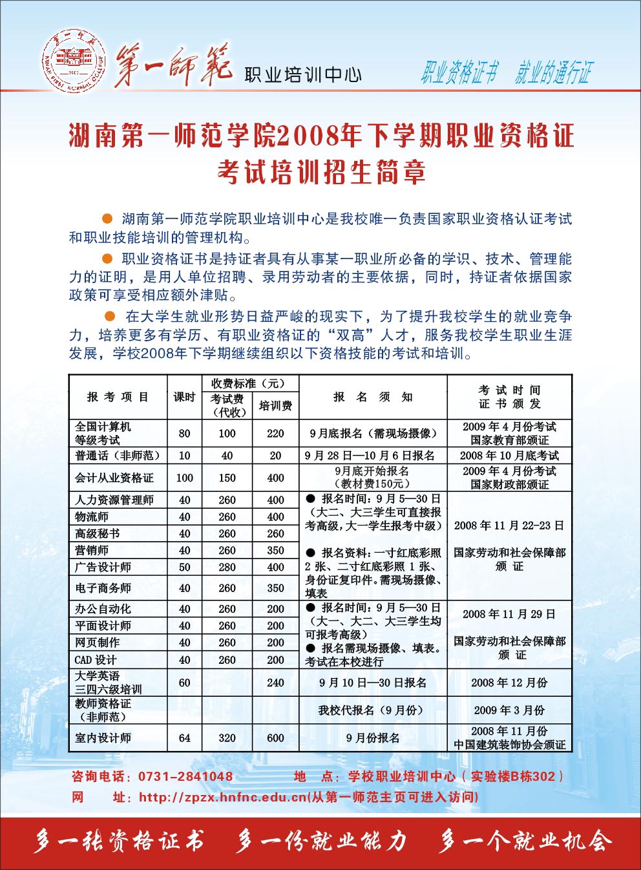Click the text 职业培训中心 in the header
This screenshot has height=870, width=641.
point(302,74)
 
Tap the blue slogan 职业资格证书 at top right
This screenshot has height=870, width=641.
point(459,73)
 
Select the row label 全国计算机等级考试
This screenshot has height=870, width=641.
point(103,433)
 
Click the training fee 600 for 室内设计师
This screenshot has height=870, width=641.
point(275,737)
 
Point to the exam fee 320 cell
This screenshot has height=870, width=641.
point(227,737)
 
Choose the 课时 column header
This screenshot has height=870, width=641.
point(184,397)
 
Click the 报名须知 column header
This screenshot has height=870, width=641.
point(373,397)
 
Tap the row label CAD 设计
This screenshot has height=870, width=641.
point(96,660)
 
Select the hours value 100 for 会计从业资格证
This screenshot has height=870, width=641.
point(184,478)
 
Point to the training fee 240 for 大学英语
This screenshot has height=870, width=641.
point(275,683)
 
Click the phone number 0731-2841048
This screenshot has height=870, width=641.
point(185,776)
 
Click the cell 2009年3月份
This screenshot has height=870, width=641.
point(509,710)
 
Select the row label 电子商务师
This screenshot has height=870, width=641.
point(103,588)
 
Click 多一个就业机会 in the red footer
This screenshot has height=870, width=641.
point(525,842)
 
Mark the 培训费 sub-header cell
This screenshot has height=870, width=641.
point(275,406)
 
